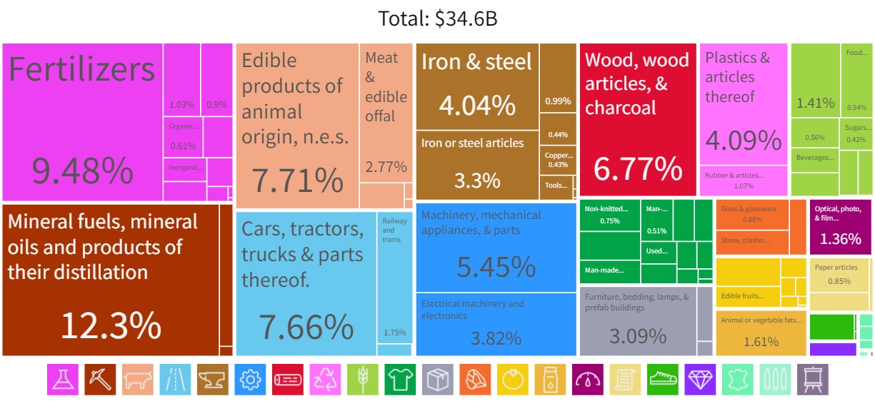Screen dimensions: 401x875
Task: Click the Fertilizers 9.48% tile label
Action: point(81,70)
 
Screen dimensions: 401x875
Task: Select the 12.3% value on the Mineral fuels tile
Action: point(111,325)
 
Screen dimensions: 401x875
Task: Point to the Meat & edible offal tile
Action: point(386,114)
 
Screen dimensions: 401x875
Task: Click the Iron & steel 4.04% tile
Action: point(476,86)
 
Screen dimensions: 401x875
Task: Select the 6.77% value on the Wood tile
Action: point(637,168)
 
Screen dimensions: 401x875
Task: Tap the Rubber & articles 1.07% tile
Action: point(743,181)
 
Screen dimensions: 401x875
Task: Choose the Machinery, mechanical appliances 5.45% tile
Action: point(496,250)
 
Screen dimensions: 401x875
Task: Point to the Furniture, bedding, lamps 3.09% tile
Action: point(638,321)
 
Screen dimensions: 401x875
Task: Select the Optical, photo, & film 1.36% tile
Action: point(840,227)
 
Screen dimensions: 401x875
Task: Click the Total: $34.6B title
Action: point(437,19)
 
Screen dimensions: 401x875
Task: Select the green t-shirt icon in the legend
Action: point(399,380)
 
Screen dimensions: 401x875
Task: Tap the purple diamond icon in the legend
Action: point(699,380)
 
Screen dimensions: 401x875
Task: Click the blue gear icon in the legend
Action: point(249,380)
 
